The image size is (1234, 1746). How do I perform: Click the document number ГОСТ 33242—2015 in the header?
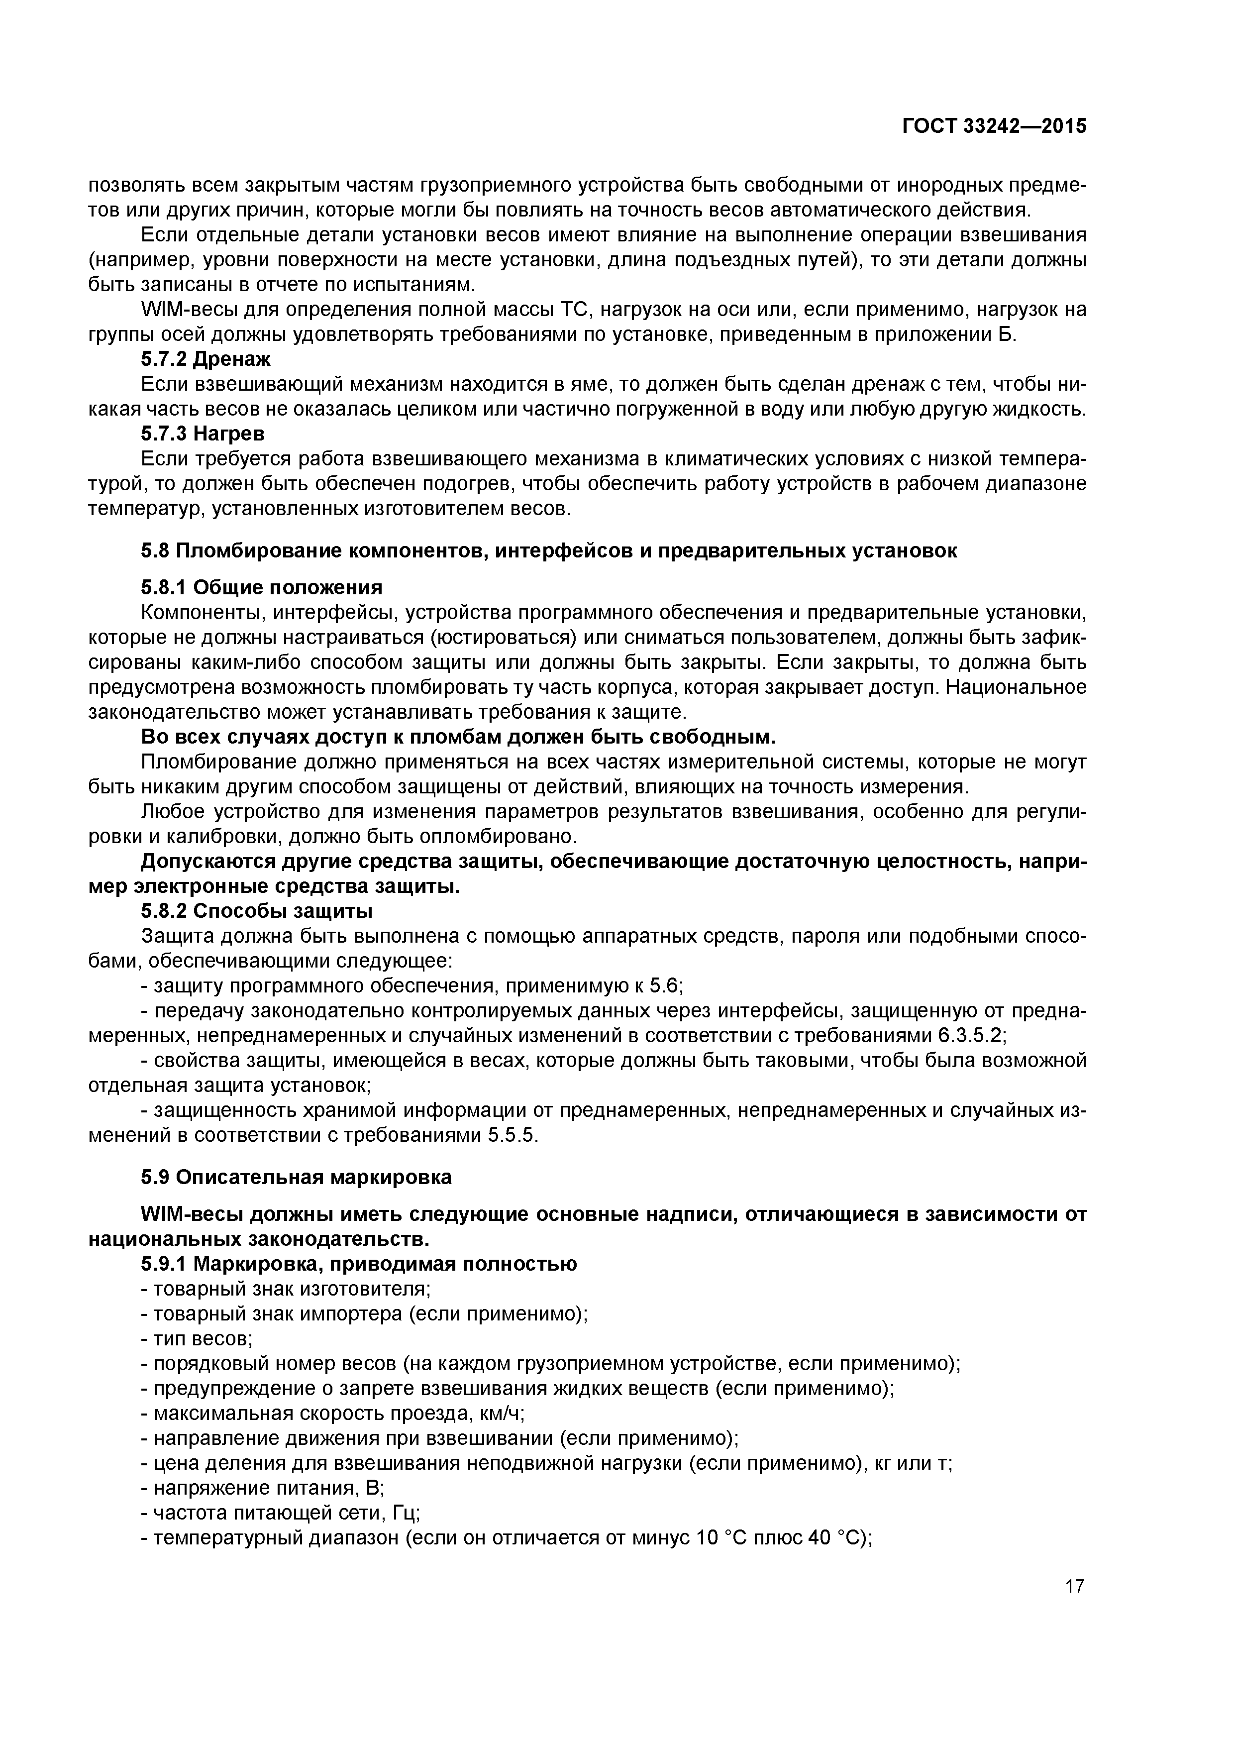point(994,126)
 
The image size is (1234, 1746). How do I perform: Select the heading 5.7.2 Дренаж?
point(206,359)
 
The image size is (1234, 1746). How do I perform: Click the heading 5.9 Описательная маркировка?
point(296,1177)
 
